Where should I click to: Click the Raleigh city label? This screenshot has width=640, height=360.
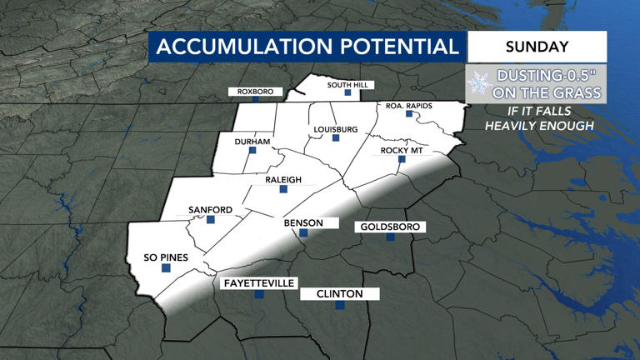tap(282, 179)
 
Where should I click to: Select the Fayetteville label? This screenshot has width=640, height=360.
tap(259, 283)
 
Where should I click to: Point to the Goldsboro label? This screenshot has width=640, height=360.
tap(390, 227)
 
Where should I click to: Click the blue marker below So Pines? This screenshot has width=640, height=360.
tap(166, 268)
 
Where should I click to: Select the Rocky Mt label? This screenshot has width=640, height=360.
tap(402, 150)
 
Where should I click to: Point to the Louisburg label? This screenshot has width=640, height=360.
tap(336, 129)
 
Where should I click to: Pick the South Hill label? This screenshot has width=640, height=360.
tap(348, 84)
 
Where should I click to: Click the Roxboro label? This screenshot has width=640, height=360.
tap(255, 91)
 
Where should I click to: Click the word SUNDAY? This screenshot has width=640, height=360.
tap(537, 47)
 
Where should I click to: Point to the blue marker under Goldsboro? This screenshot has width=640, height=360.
tap(390, 237)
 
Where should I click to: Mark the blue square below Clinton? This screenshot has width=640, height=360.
tap(339, 305)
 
